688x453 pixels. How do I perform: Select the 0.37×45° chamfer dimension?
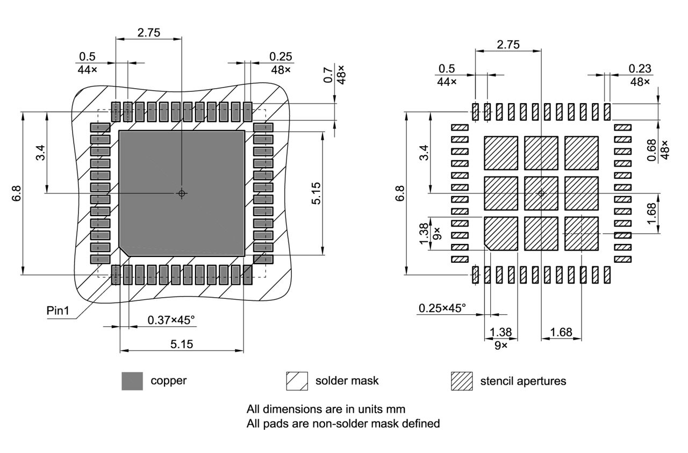point(171,320)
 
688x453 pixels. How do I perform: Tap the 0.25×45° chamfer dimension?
point(442,308)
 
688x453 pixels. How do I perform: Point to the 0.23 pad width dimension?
point(640,68)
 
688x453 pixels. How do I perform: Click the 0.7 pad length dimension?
point(327,74)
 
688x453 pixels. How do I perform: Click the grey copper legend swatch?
point(132,381)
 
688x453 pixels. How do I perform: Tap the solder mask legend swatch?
point(297,381)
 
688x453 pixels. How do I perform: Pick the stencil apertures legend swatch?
point(462,381)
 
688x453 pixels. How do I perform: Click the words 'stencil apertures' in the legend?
point(522,381)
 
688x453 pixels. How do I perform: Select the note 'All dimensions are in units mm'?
point(326,409)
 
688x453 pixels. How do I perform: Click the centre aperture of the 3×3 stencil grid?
point(541,193)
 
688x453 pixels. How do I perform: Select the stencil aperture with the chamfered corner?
point(501,233)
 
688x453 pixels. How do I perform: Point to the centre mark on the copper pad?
point(182,193)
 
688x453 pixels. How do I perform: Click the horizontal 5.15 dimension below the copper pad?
point(182,344)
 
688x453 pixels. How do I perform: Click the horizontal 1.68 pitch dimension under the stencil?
point(561,332)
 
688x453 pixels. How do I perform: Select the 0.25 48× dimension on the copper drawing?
point(280,56)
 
